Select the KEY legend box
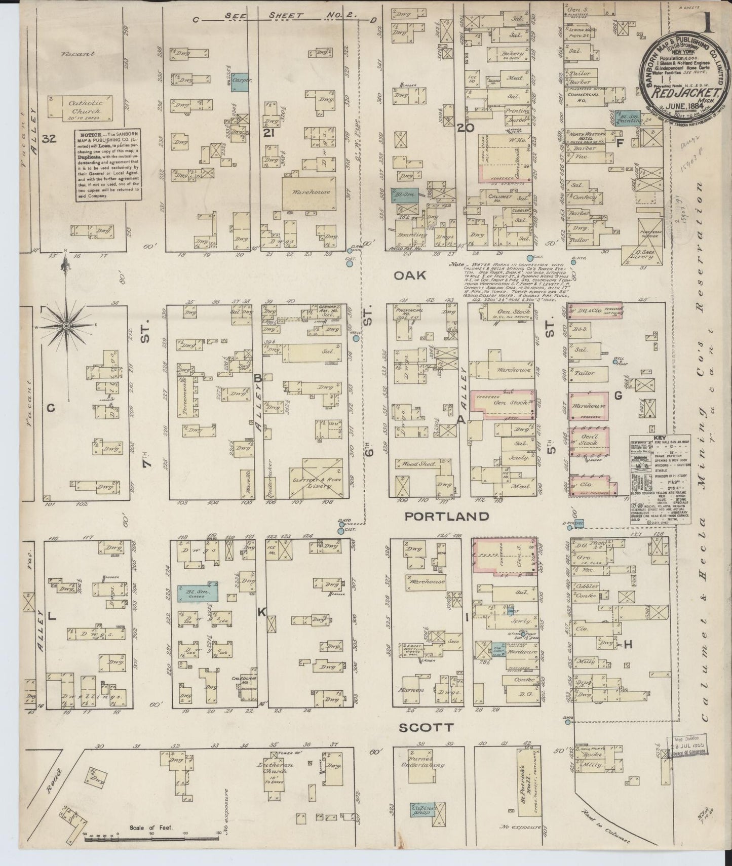653,479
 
